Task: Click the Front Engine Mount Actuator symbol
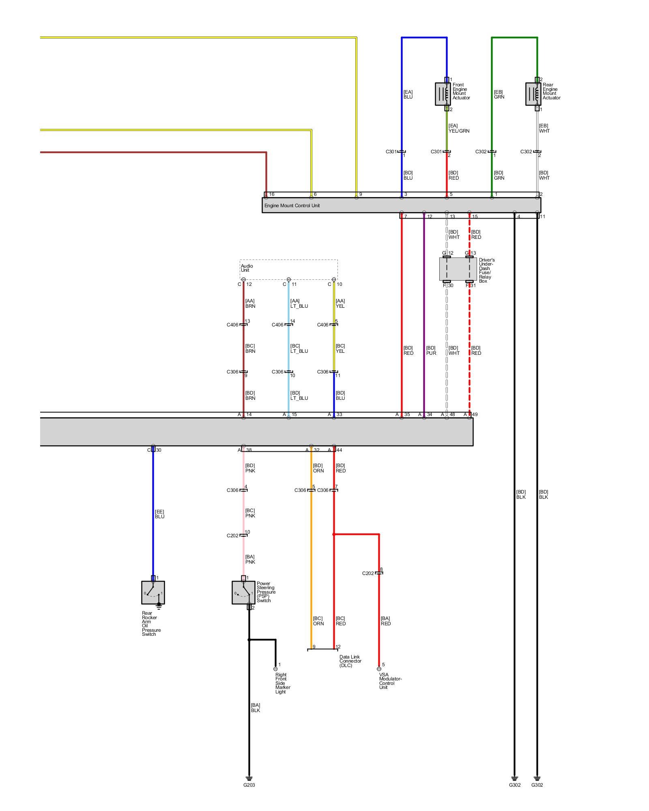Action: click(443, 94)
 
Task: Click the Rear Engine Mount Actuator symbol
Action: click(533, 94)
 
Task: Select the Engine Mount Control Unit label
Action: click(292, 206)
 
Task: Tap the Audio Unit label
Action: click(247, 268)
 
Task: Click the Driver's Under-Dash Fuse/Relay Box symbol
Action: click(458, 269)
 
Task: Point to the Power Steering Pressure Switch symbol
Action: click(243, 592)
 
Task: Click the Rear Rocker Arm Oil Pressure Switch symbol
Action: click(153, 592)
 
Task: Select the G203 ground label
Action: click(249, 785)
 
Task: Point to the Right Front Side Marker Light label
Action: click(283, 683)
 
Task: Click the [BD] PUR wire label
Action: click(431, 350)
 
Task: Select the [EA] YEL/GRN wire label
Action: click(459, 128)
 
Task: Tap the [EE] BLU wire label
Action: click(159, 514)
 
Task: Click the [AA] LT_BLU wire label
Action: click(299, 303)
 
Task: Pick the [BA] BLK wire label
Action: click(255, 708)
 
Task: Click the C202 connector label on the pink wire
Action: click(232, 536)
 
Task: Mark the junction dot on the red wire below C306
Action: click(334, 534)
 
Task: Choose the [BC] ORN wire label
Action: click(318, 621)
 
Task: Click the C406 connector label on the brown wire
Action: click(232, 325)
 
